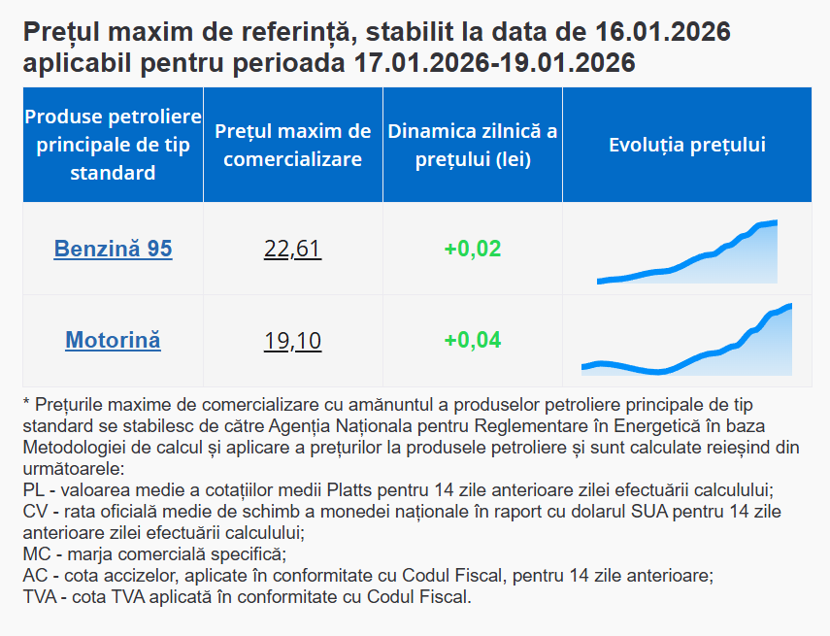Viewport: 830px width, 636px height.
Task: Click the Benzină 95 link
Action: pos(113,249)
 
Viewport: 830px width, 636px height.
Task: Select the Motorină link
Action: pos(113,340)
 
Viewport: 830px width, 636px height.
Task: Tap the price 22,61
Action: pos(292,250)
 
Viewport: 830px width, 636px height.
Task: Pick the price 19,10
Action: pos(292,341)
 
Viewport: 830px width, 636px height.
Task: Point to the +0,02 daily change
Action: pos(473,249)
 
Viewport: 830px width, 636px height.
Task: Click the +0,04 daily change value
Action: pos(473,340)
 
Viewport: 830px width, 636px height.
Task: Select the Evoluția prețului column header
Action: pos(687,145)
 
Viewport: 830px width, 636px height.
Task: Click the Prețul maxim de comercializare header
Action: pos(293,145)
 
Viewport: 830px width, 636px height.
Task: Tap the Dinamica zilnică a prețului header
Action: pos(473,145)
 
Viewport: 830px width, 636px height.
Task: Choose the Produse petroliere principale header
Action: pos(113,145)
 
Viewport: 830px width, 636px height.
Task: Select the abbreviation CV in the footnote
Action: pos(33,512)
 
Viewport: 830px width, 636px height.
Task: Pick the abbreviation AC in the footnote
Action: pos(33,576)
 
